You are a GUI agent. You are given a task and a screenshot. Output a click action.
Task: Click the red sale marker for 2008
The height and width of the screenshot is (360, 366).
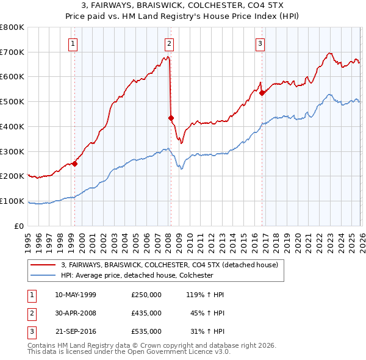tap(171, 118)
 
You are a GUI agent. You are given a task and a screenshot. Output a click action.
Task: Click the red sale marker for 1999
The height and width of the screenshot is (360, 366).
tap(74, 164)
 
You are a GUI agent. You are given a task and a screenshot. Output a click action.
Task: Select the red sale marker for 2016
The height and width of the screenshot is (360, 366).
tap(262, 93)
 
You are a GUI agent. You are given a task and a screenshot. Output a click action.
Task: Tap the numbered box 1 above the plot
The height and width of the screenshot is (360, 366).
tap(73, 43)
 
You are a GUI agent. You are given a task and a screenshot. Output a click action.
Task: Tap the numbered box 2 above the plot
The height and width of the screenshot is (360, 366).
tap(169, 43)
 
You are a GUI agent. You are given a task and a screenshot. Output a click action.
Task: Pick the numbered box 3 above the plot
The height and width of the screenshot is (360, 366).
tap(260, 43)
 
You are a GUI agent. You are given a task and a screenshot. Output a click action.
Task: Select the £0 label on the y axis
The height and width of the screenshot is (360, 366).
tap(20, 226)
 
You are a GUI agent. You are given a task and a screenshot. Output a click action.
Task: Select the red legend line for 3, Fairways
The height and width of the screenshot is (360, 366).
tap(43, 265)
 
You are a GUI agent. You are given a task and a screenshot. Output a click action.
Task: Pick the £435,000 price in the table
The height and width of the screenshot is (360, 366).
tap(146, 313)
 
